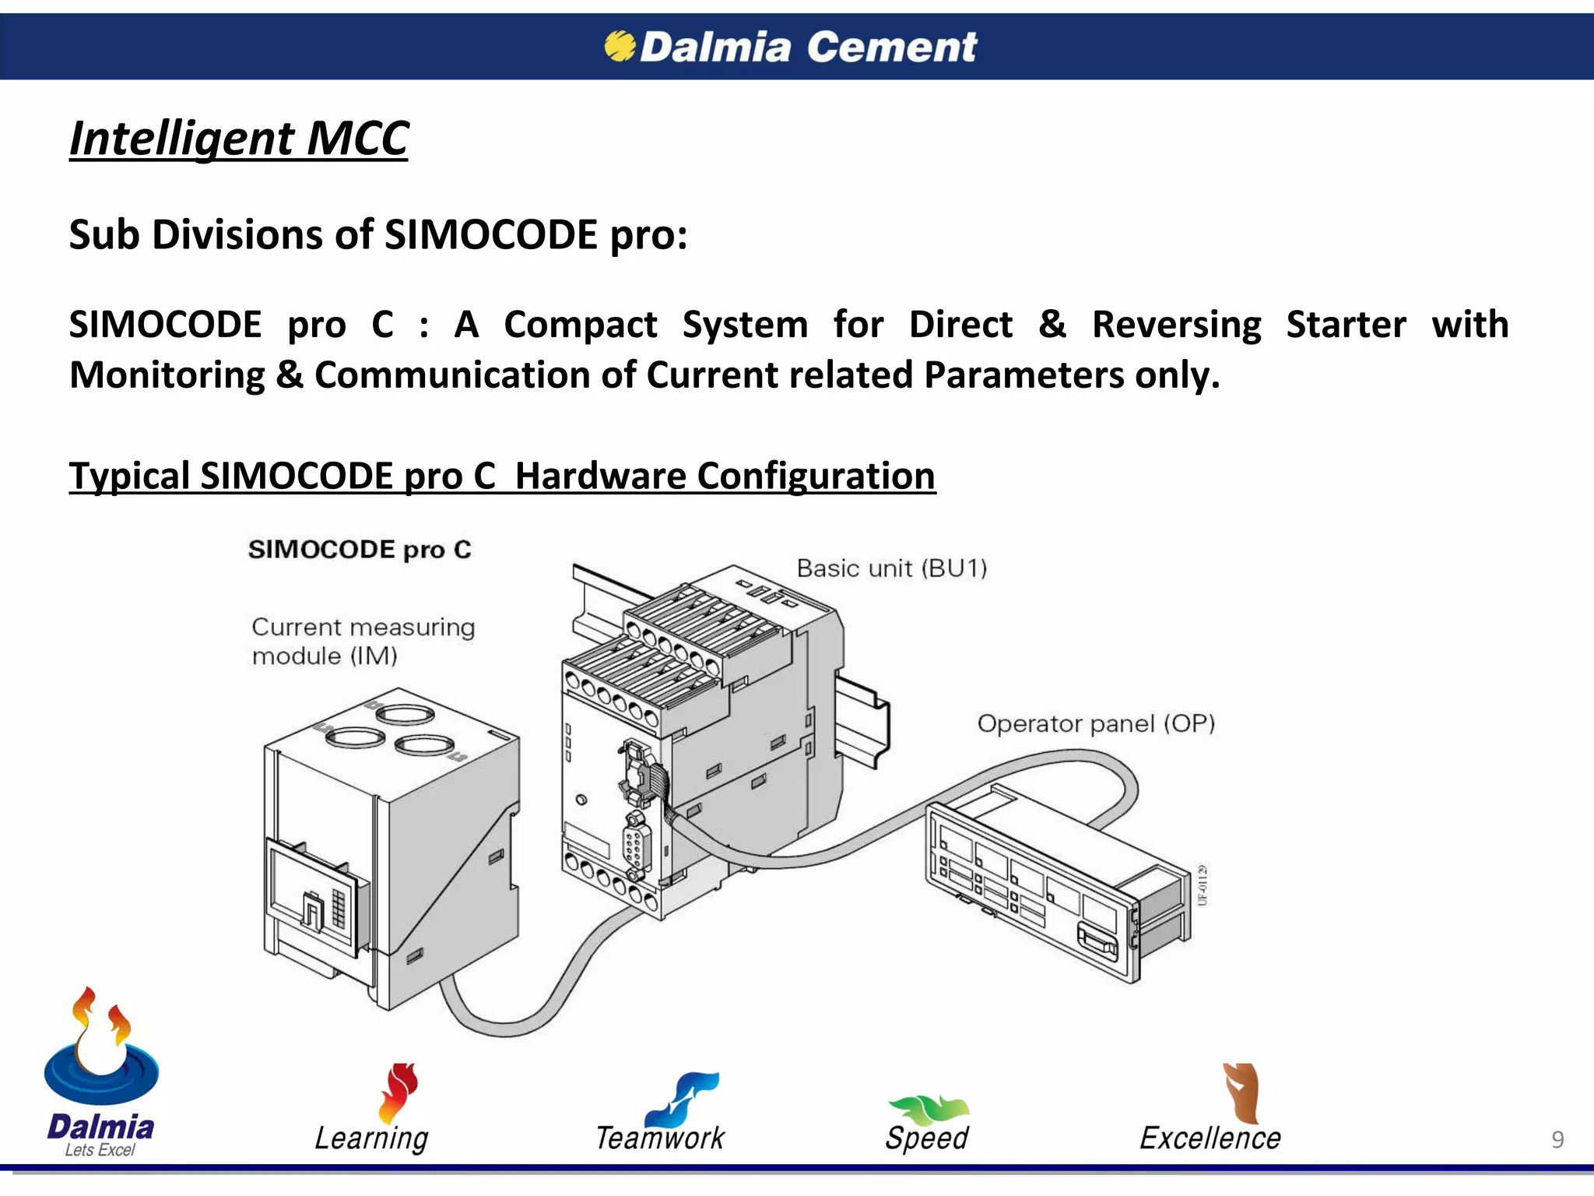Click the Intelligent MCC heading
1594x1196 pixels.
click(x=238, y=139)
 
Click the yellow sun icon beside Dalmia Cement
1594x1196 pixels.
click(x=620, y=46)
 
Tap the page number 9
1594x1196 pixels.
click(x=1557, y=1139)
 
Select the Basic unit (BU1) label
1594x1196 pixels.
click(x=891, y=568)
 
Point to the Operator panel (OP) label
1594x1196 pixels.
click(x=1096, y=723)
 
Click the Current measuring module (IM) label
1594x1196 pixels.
click(x=363, y=641)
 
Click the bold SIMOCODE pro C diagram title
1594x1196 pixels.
click(x=360, y=550)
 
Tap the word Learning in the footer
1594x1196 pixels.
click(x=371, y=1138)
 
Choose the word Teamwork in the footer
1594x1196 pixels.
click(x=660, y=1138)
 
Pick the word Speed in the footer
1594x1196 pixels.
click(x=926, y=1138)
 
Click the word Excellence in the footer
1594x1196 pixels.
click(x=1210, y=1138)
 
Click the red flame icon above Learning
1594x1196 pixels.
click(x=398, y=1092)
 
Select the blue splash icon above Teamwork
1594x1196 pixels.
click(x=685, y=1096)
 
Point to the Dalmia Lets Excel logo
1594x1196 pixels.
click(x=100, y=1075)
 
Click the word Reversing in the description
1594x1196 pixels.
click(x=1176, y=325)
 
